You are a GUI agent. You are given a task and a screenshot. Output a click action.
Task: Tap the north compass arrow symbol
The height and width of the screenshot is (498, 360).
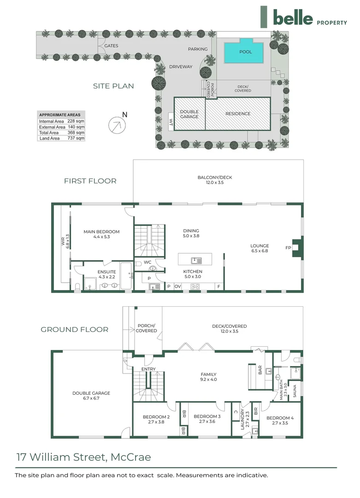pyautogui.click(x=118, y=125)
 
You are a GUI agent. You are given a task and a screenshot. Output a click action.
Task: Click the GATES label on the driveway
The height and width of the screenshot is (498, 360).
pyautogui.click(x=111, y=46)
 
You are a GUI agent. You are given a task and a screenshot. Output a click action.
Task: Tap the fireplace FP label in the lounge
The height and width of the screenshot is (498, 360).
pyautogui.click(x=288, y=247)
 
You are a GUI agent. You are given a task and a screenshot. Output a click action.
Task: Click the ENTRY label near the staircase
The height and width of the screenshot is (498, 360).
pyautogui.click(x=149, y=369)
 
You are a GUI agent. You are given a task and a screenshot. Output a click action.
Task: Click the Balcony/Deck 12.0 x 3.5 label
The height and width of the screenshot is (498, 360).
pyautogui.click(x=218, y=180)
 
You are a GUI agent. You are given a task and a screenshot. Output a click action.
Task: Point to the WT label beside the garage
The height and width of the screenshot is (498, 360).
pyautogui.click(x=170, y=122)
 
